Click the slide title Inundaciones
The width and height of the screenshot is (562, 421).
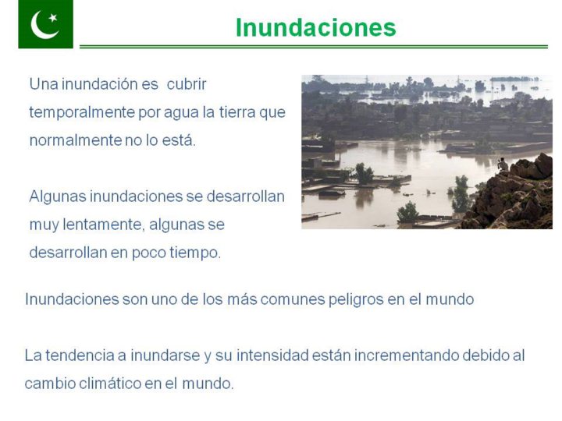click(316, 27)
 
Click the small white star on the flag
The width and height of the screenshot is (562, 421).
click(53, 17)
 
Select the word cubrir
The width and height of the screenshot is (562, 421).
click(187, 84)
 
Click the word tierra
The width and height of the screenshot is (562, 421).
click(237, 112)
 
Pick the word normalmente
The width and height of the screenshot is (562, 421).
click(76, 140)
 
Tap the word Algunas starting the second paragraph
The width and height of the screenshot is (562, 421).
click(58, 197)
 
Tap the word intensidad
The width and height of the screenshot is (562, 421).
click(272, 356)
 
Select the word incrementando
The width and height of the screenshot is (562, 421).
click(407, 356)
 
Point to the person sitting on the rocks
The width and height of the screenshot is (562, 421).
click(503, 165)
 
